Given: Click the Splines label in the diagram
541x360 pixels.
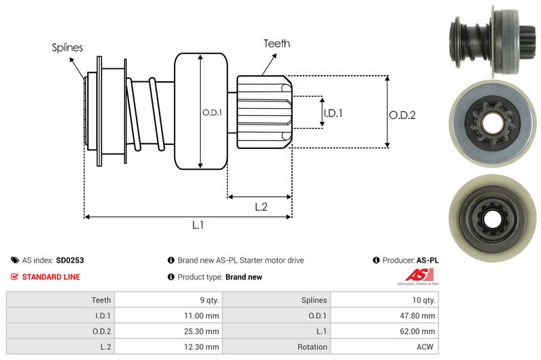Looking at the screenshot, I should [67, 47].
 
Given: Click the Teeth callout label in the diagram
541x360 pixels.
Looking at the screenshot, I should [277, 43].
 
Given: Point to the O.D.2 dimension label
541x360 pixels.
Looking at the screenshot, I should [402, 114].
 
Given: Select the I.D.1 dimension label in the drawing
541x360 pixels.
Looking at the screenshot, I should [333, 113].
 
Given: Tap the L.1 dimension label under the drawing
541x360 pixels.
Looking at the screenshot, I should [198, 225].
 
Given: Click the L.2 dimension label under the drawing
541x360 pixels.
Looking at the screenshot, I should [261, 207].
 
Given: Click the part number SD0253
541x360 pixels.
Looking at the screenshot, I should [70, 260].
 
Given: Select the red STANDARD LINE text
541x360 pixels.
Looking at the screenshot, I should [51, 277].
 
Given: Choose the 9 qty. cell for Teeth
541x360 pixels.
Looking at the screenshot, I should [206, 299].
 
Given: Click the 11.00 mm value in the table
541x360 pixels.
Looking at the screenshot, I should [203, 315].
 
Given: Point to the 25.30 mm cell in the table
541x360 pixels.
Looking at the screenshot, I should [203, 331].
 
